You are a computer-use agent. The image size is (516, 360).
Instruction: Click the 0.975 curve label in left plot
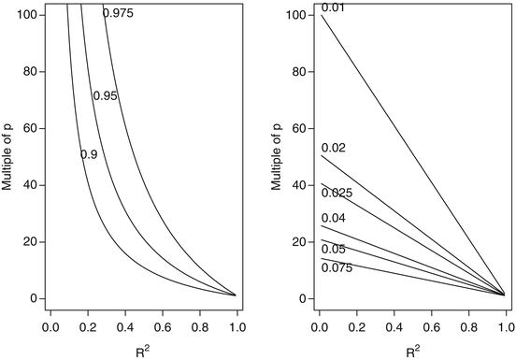[118, 12]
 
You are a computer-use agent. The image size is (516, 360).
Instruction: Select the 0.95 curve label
[105, 96]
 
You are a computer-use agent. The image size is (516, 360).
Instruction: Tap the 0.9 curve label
[90, 154]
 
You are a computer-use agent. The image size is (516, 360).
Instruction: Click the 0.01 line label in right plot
[333, 8]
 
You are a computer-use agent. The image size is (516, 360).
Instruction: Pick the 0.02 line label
[333, 148]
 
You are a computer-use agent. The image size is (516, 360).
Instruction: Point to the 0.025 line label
[336, 194]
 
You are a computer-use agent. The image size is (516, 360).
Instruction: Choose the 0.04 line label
[333, 218]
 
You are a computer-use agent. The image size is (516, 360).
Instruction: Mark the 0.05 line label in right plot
[333, 250]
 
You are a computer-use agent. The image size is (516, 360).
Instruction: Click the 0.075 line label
[336, 268]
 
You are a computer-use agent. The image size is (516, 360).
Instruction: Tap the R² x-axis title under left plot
[142, 353]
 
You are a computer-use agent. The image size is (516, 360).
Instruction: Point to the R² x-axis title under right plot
[412, 353]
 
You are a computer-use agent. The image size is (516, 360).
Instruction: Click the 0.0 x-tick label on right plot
[320, 329]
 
